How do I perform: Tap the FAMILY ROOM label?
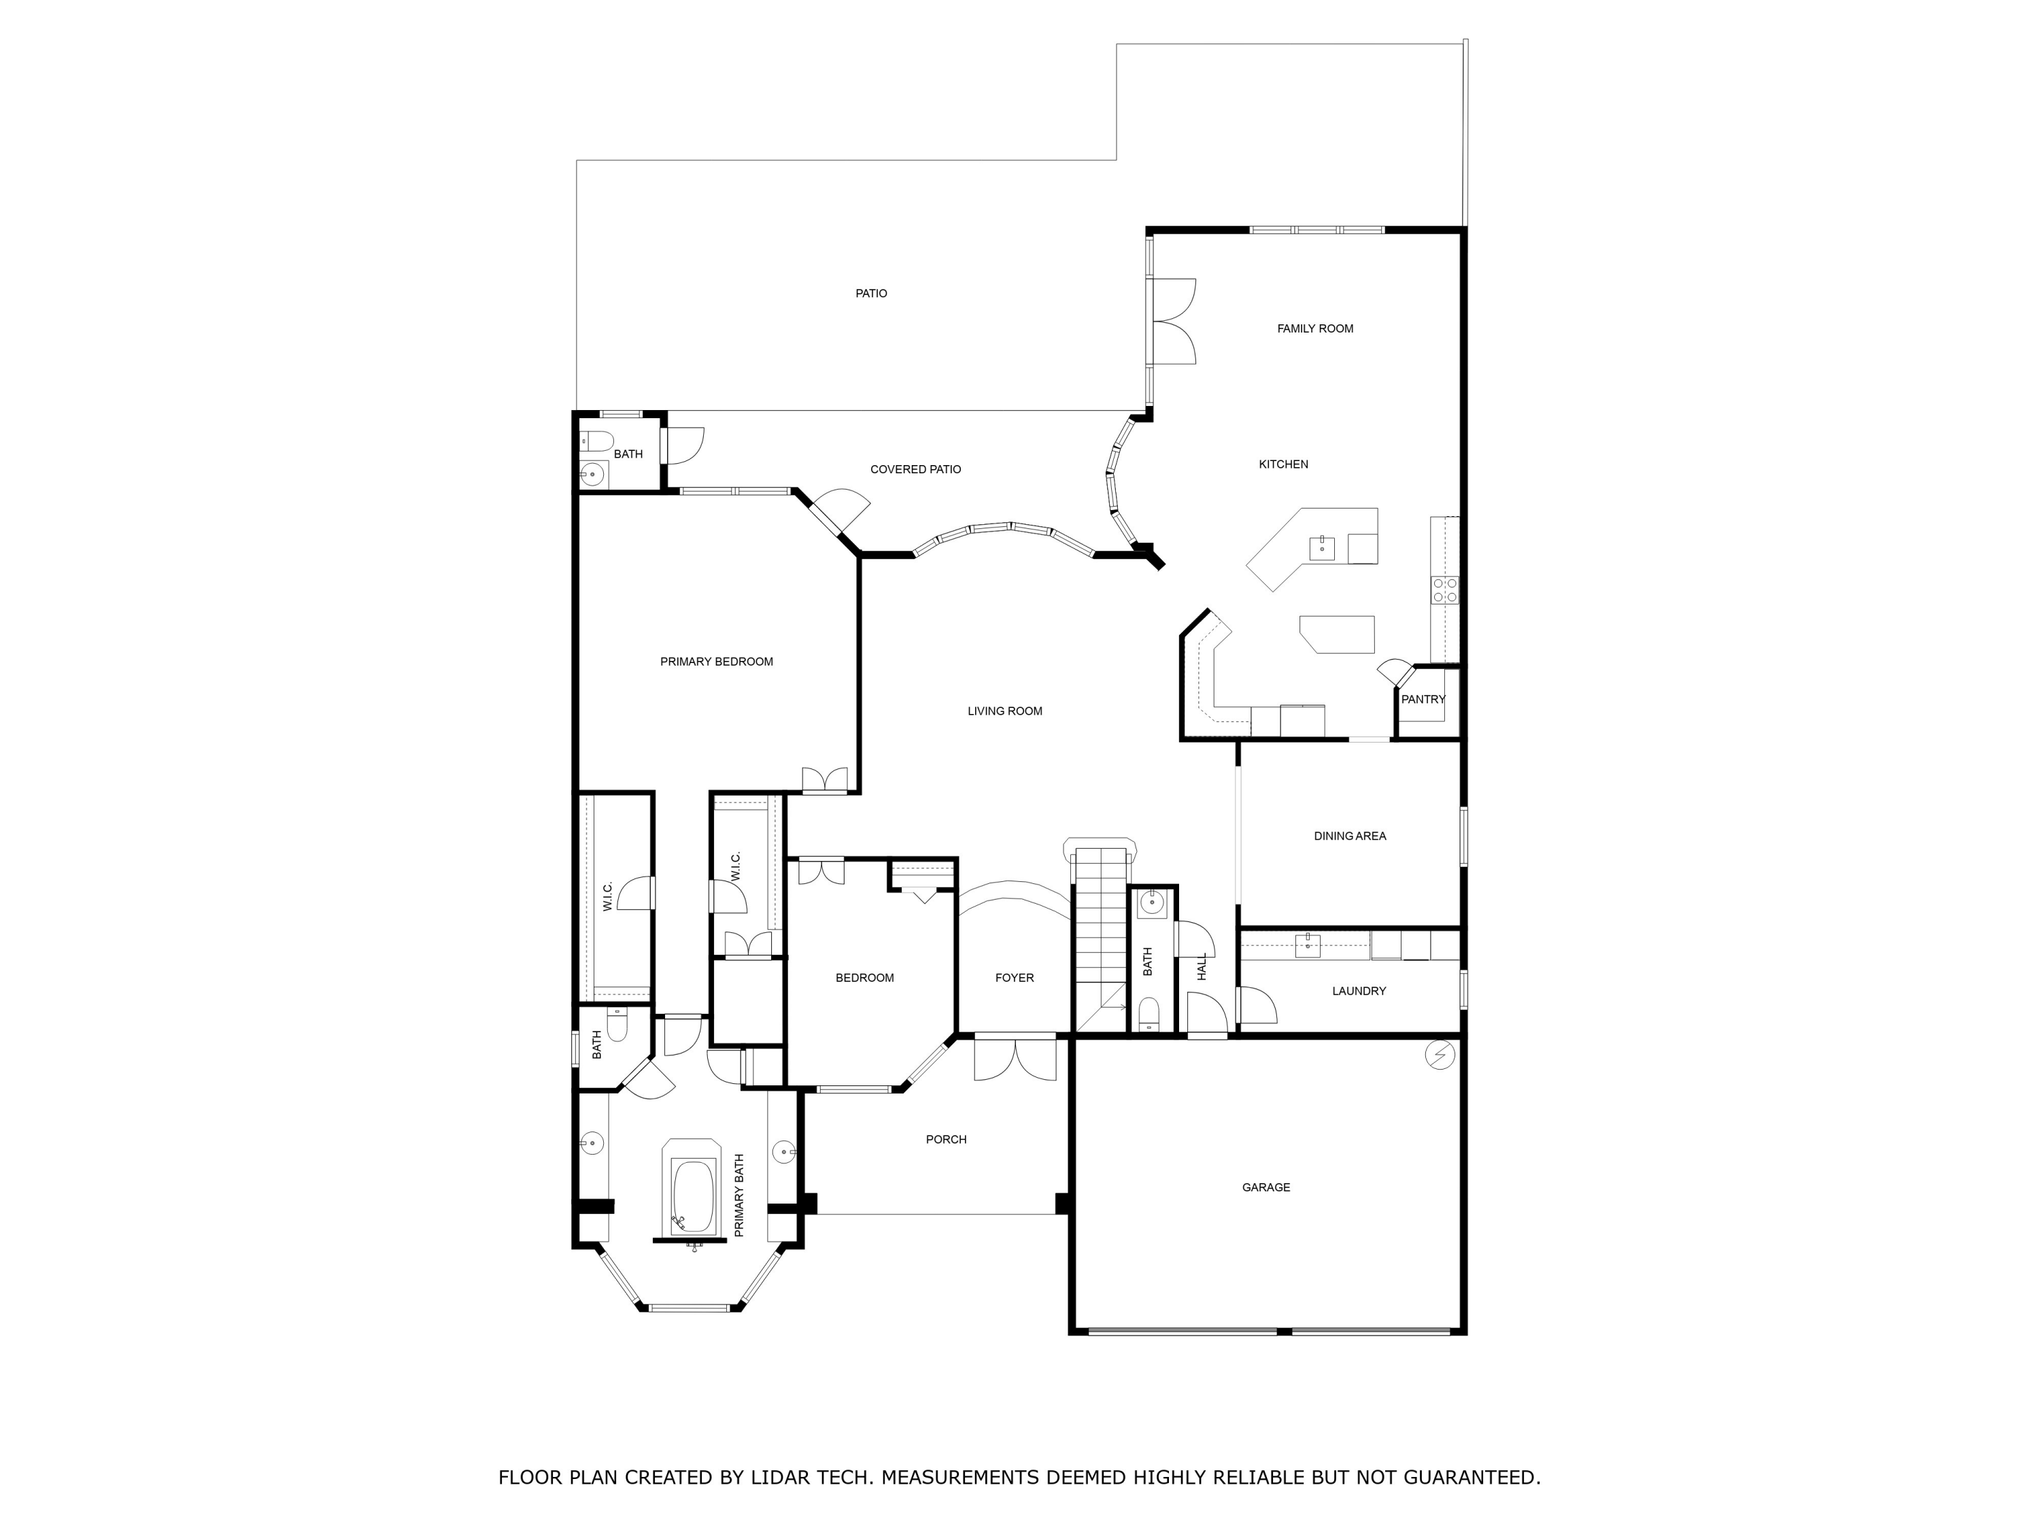point(1315,328)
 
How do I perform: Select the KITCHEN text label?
point(1283,464)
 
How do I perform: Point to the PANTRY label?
point(1423,699)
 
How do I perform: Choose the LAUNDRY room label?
point(1359,991)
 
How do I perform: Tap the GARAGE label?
point(1265,1187)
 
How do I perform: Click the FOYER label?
point(1015,978)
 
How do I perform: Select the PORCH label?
point(947,1139)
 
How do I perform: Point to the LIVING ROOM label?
point(1004,711)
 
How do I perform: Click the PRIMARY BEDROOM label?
point(717,661)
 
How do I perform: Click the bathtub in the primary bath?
point(694,1197)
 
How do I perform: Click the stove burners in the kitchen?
point(1444,590)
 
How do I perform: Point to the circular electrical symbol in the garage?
point(1440,1054)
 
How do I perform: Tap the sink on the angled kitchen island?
point(1321,548)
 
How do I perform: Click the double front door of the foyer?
point(1015,1058)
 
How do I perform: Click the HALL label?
point(1202,966)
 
